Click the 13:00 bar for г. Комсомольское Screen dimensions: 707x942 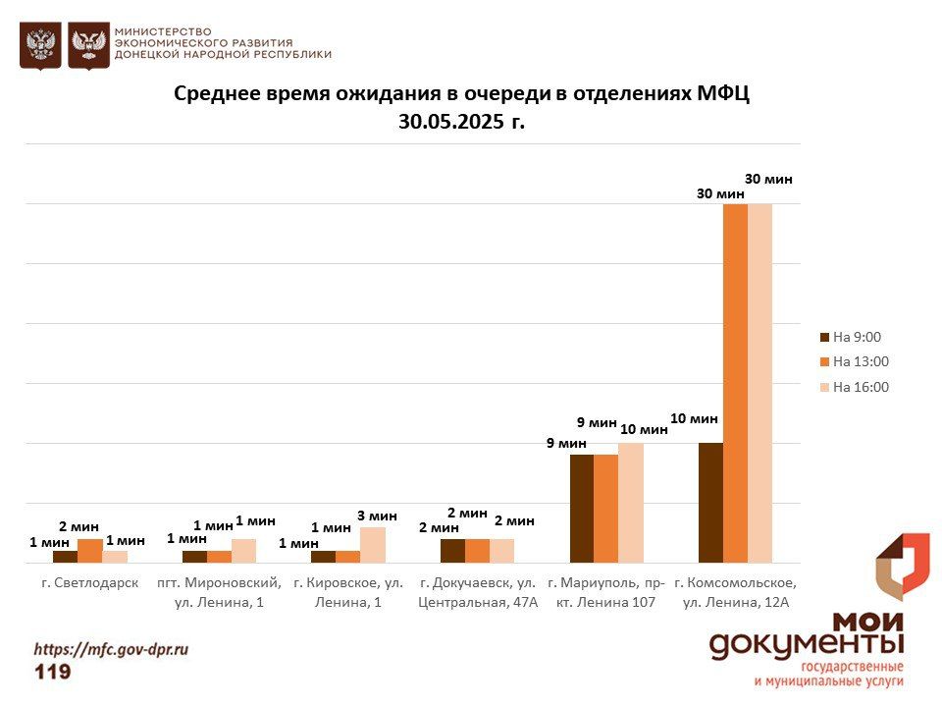pyautogui.click(x=735, y=383)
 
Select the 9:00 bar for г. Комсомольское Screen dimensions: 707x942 pyautogui.click(x=710, y=502)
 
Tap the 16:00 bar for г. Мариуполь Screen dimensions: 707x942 pyautogui.click(x=631, y=502)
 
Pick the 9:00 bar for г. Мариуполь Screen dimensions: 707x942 pyautogui.click(x=582, y=508)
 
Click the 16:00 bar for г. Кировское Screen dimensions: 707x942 pyautogui.click(x=373, y=545)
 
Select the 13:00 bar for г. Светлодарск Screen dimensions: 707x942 pyautogui.click(x=90, y=551)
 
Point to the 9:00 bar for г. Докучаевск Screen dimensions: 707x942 pyautogui.click(x=452, y=551)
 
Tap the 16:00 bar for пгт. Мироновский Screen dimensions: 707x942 pyautogui.click(x=243, y=551)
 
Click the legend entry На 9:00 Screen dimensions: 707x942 pyautogui.click(x=856, y=337)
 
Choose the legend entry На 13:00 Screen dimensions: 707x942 pyautogui.click(x=860, y=361)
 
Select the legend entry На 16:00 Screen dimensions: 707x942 pyautogui.click(x=860, y=387)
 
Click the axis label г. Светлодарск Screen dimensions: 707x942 pyautogui.click(x=89, y=582)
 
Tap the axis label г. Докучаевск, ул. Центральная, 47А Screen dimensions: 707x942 pyautogui.click(x=478, y=592)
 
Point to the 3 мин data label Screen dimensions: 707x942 pyautogui.click(x=378, y=516)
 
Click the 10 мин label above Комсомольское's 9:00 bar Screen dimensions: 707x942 pyautogui.click(x=695, y=418)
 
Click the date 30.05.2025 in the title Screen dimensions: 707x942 pyautogui.click(x=450, y=122)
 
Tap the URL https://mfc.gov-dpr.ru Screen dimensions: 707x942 pyautogui.click(x=111, y=649)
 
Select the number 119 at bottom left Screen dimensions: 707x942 pyautogui.click(x=53, y=672)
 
